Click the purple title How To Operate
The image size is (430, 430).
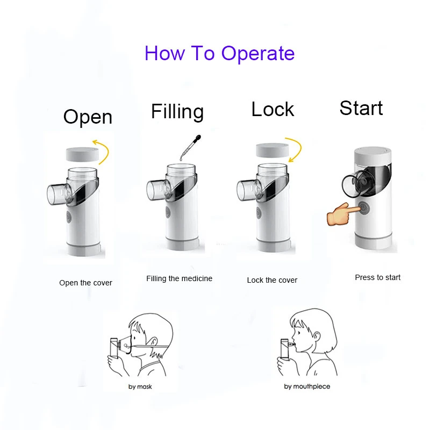tap(219, 54)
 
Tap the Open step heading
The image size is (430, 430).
tap(88, 117)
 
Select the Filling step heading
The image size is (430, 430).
tap(177, 111)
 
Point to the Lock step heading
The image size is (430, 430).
tap(273, 109)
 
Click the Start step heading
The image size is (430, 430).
tap(361, 108)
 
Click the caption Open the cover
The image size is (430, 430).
tap(85, 283)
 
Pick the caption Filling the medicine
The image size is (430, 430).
tap(179, 278)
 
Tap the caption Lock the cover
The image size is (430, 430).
tap(272, 280)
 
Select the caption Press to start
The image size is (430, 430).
tap(377, 277)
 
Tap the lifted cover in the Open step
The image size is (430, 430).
tap(83, 155)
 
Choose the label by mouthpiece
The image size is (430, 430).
tap(307, 386)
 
